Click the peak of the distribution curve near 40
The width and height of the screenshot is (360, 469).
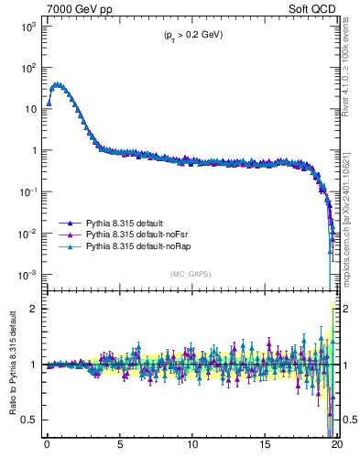(58, 84)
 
